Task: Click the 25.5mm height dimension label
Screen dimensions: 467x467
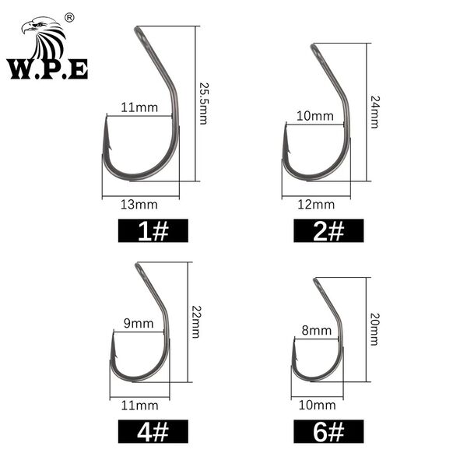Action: click(203, 104)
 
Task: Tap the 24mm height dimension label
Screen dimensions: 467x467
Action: click(374, 112)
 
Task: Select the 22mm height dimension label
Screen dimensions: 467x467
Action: click(195, 321)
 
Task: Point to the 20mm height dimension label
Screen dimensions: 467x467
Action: click(374, 329)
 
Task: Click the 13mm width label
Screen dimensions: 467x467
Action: click(139, 205)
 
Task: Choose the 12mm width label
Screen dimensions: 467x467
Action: click(316, 205)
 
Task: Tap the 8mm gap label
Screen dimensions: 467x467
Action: click(316, 331)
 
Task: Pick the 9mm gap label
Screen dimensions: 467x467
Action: click(139, 324)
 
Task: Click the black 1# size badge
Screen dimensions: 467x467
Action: click(153, 230)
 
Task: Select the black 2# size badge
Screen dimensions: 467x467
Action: click(328, 230)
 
